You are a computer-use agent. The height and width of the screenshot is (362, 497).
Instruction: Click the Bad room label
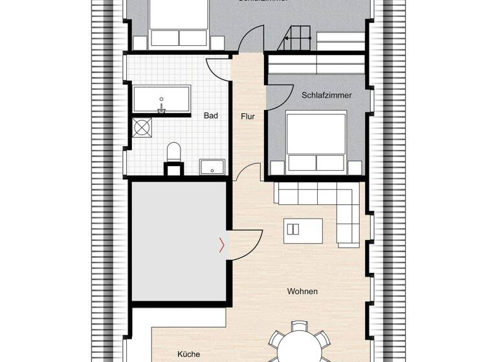(x=211, y=116)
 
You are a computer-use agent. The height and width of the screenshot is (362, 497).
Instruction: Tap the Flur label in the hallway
(x=248, y=117)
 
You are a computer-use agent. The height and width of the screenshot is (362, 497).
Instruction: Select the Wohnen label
(x=302, y=292)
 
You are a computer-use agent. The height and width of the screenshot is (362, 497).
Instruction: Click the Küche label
(x=189, y=354)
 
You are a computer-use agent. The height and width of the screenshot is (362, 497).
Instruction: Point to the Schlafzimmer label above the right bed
(x=327, y=95)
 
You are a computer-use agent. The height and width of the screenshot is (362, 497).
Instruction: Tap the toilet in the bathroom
(x=173, y=153)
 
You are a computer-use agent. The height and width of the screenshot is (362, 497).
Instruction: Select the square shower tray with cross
(x=141, y=128)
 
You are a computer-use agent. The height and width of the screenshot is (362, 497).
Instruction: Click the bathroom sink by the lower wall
(x=212, y=167)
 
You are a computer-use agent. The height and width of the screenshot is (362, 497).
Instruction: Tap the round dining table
(x=299, y=346)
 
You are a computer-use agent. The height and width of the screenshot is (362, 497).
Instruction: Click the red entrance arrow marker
(x=222, y=245)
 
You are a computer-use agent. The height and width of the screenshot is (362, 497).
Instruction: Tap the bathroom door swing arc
(x=218, y=68)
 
